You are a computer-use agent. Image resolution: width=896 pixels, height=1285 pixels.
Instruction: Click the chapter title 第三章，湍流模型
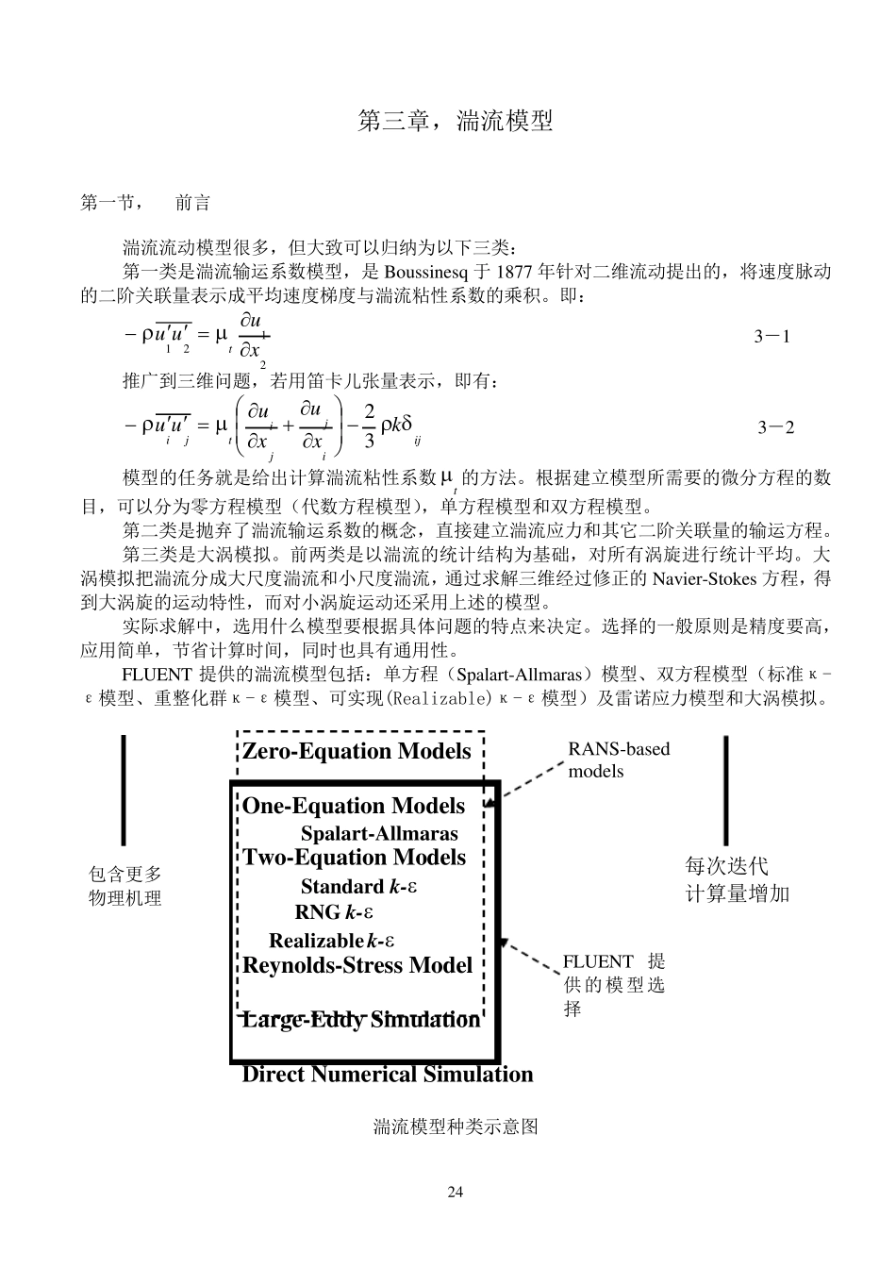click(455, 121)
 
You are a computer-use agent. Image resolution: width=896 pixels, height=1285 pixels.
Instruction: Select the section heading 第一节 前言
click(145, 203)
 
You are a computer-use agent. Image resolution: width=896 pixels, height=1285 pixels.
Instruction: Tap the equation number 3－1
click(772, 336)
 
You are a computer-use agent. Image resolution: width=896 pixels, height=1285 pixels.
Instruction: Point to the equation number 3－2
click(775, 427)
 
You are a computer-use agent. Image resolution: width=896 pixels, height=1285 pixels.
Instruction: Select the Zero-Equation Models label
click(357, 751)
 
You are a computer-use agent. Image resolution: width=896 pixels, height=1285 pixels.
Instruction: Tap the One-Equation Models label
click(354, 806)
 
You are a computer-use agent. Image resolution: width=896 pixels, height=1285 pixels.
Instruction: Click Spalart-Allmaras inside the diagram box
click(379, 833)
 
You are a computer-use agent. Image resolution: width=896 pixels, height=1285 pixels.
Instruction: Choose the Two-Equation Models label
click(355, 858)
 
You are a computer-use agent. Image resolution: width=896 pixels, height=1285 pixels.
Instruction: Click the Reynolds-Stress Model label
click(357, 965)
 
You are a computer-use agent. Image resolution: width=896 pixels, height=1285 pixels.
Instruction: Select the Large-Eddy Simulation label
click(361, 1020)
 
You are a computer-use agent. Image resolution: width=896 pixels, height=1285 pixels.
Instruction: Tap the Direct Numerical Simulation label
click(388, 1075)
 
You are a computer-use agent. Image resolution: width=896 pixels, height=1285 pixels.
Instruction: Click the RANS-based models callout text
click(619, 759)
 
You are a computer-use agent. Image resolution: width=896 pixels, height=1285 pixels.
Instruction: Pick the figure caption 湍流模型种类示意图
click(456, 1126)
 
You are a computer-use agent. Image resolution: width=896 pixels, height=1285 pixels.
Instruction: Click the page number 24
click(456, 1193)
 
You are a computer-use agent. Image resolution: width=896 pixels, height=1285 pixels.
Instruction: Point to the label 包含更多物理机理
click(125, 886)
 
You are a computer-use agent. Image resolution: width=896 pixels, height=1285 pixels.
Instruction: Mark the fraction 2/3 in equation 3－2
click(369, 426)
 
